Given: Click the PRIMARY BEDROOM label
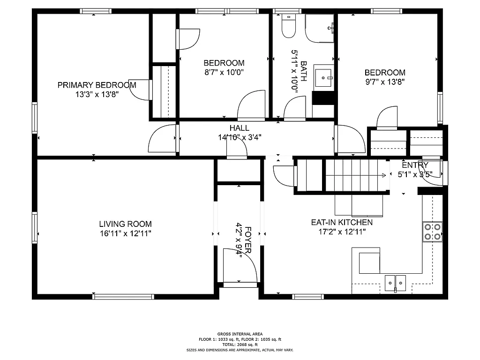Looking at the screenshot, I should coord(97,85).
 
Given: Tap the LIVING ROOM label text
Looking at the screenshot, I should coord(125,224).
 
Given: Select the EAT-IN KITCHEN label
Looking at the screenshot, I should coord(342,222).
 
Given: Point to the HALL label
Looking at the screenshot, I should coord(239,128).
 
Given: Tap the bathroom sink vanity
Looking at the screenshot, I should coord(323,78).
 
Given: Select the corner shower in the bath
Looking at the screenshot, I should coord(320,28).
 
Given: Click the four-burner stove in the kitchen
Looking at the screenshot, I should coord(433,232).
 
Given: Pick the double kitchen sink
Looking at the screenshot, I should coord(396,282).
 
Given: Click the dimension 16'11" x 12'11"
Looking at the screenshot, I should coord(125,233).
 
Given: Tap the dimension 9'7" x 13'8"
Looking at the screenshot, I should coord(385,82).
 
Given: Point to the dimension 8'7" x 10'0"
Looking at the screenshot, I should coord(224,72).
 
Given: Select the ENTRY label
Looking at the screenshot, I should coord(415,165).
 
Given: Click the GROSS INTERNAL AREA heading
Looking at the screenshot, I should coord(240,334).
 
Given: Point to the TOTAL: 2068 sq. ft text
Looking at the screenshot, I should coord(240,345).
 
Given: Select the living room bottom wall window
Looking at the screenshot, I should coord(123,296).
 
